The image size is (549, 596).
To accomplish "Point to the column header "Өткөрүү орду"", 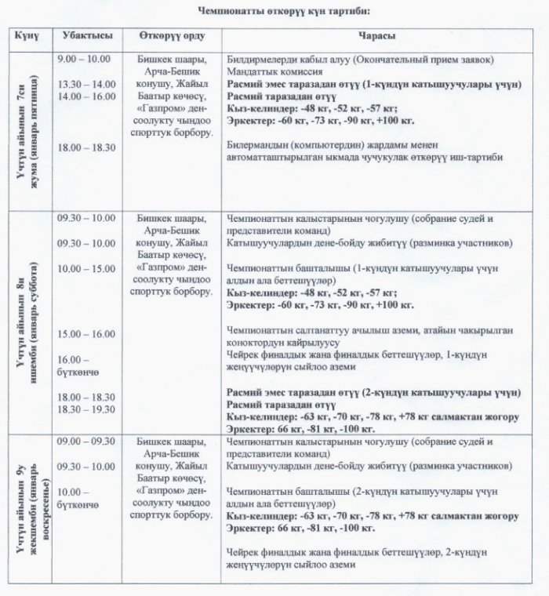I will pyautogui.click(x=169, y=38).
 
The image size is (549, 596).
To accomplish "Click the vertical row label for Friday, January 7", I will pyautogui.click(x=27, y=129).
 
